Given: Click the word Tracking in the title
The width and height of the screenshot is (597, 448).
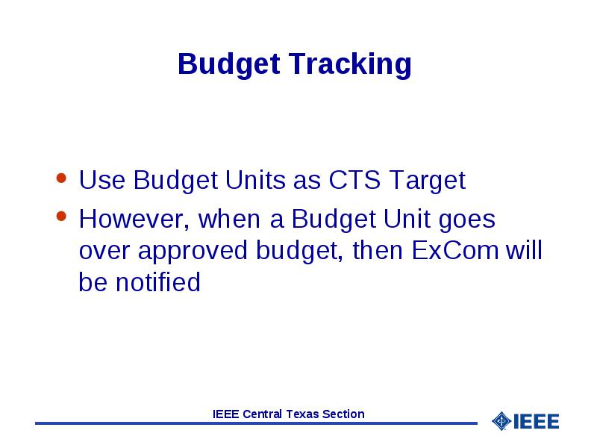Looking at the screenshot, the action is [x=350, y=63].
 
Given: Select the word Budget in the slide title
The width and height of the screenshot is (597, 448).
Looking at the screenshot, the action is [x=229, y=64].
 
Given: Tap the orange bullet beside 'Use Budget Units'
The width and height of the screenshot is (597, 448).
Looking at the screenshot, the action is [x=61, y=178].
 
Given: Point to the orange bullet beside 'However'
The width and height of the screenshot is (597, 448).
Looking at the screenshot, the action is [x=61, y=216].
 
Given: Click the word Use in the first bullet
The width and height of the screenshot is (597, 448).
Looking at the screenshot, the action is [x=101, y=179].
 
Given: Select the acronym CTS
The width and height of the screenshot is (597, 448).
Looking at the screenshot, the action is [x=354, y=179].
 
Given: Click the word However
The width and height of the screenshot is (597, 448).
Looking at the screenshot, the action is [x=134, y=220].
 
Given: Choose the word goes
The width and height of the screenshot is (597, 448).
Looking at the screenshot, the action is [x=467, y=221].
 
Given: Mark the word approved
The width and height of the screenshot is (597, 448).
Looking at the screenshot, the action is [x=193, y=252].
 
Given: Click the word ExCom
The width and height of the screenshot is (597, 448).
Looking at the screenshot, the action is [x=454, y=251].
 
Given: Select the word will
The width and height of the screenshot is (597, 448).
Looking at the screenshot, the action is [x=524, y=250].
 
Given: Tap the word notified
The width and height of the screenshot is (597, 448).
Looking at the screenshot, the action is [x=158, y=282].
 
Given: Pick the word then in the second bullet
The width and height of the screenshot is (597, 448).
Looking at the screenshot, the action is [x=378, y=251].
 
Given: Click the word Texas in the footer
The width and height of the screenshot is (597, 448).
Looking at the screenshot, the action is [x=302, y=414].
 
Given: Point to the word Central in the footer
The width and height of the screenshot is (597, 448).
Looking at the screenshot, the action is [x=263, y=414].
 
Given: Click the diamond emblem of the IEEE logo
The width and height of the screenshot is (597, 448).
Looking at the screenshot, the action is [x=501, y=421].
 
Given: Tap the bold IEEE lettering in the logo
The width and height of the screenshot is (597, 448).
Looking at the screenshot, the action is [x=536, y=421].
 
